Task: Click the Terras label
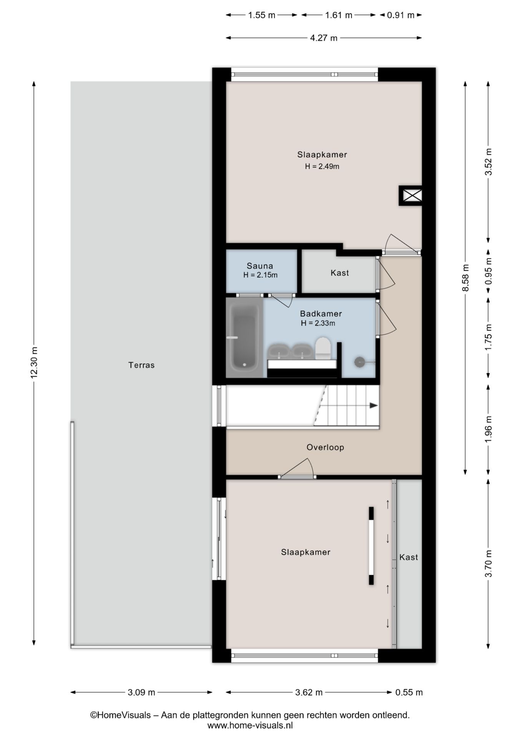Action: click(x=141, y=365)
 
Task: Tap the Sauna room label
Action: click(x=260, y=266)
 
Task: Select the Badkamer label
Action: click(x=321, y=314)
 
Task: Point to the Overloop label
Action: click(x=325, y=447)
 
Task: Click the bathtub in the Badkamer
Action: click(x=244, y=337)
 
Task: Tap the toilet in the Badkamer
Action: click(x=323, y=348)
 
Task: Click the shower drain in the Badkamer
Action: click(x=359, y=362)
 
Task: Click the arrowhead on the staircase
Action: click(x=373, y=405)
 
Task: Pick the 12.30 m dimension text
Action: click(x=34, y=363)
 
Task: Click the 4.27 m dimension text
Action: click(x=324, y=38)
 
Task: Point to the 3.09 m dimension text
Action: click(x=141, y=692)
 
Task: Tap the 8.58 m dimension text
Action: click(x=465, y=278)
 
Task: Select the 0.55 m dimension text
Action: click(x=409, y=692)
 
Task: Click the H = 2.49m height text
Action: click(x=322, y=166)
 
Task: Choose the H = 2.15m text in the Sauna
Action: click(x=260, y=275)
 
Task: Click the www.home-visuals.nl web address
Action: click(x=250, y=725)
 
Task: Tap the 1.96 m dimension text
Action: click(x=489, y=429)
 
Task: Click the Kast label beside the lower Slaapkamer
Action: click(x=409, y=557)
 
